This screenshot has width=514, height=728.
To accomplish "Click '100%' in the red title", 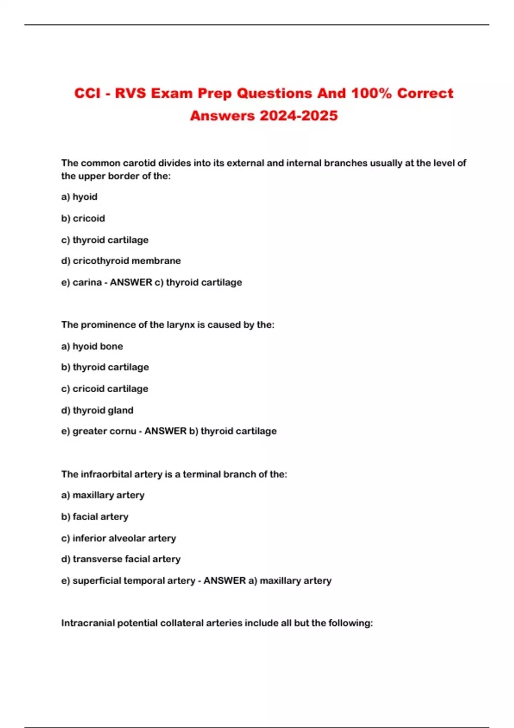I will pos(371,93).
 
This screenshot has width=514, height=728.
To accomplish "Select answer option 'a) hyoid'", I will pos(79,197).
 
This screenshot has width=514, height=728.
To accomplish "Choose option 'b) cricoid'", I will pos(83,218).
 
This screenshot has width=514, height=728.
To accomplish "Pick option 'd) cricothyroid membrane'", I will pos(121,261).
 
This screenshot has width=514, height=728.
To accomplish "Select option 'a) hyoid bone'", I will pos(92,346).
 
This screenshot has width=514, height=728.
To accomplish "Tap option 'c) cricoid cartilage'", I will pos(105,389).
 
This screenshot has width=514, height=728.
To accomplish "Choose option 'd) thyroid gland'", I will pos(97,410).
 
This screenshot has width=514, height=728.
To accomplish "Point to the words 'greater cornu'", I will pos(104,431).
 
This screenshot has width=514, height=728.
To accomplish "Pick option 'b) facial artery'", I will pos(95,517).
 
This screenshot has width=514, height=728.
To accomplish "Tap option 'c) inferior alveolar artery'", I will pos(119,538).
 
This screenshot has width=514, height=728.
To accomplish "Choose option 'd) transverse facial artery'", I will pos(121,559).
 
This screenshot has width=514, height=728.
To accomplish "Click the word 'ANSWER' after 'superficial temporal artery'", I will pos(224,581).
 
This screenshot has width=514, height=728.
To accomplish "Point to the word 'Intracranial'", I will pos(88,623).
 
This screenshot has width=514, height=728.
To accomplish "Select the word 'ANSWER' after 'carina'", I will pos(131,283).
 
